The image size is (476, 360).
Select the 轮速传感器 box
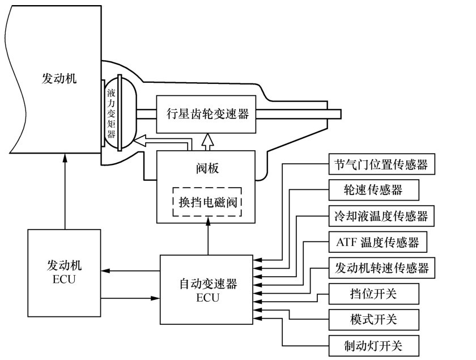373,190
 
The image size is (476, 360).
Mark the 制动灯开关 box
373,344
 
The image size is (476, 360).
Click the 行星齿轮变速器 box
208,114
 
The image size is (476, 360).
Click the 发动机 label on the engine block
59,78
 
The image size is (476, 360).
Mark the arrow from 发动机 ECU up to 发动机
66,193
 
